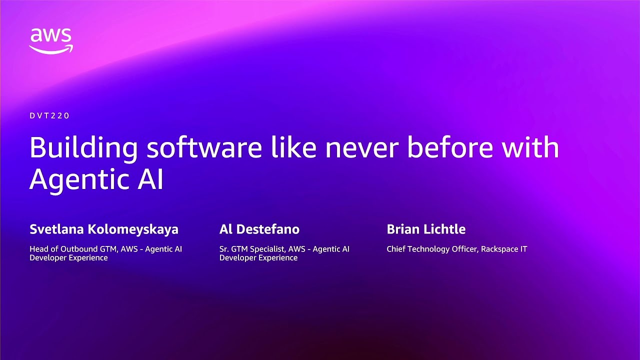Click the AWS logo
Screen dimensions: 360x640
tap(51, 40)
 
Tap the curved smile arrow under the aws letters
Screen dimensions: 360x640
tap(51, 49)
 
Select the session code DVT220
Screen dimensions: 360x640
tap(49, 115)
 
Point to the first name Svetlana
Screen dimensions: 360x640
tap(56, 229)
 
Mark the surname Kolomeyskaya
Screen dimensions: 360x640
tap(133, 230)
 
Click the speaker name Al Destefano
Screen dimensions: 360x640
tap(259, 229)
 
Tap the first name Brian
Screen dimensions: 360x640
tap(403, 229)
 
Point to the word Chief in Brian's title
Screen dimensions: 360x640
tap(396, 249)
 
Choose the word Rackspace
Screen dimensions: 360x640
tap(499, 249)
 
